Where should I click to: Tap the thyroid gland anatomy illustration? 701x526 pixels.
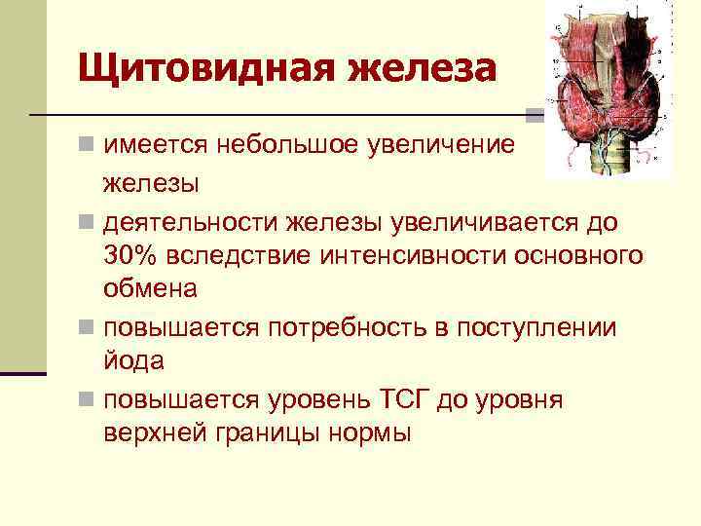tap(608, 88)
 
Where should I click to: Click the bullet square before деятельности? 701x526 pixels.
tap(88, 223)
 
